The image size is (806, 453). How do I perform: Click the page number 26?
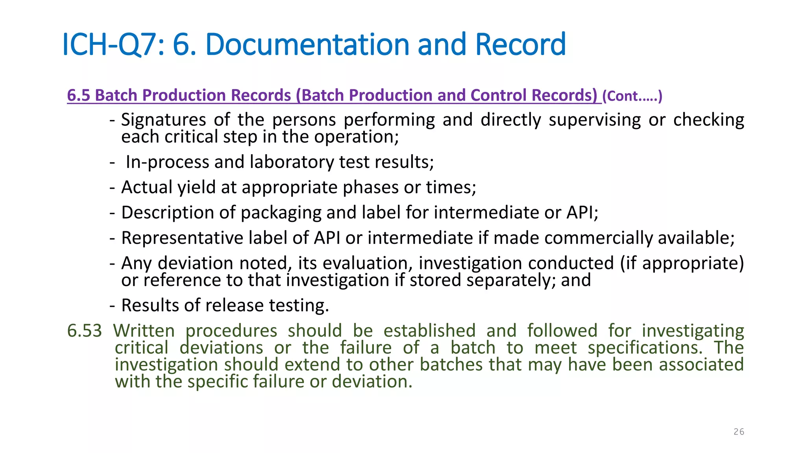pos(739,432)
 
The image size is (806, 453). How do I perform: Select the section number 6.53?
pos(84,331)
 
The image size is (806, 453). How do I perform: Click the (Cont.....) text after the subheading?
pos(632,96)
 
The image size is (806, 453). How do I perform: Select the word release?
pos(235,306)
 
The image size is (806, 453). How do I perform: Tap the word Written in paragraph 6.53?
pos(144,331)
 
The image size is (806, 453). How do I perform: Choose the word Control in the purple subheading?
pos(498,96)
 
